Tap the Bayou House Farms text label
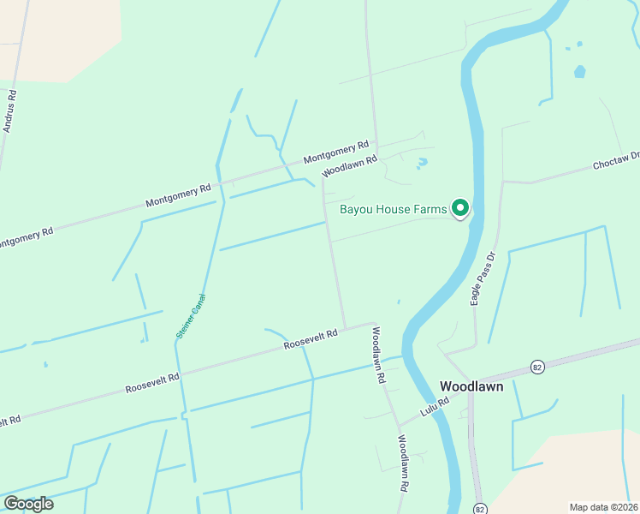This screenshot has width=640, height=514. coord(394,209)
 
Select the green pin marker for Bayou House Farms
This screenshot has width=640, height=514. coord(460,208)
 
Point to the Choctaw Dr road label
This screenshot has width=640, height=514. coord(616,161)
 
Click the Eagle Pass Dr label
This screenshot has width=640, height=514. coord(483,278)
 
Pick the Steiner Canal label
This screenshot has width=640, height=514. coord(191,316)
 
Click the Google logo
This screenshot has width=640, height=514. coord(28,503)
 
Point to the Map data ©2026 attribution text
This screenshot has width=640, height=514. coord(602,507)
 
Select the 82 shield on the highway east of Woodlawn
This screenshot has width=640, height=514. coord(537,367)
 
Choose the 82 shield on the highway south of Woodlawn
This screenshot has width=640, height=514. coord(480,507)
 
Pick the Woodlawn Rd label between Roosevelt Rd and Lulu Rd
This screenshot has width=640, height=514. coord(377,355)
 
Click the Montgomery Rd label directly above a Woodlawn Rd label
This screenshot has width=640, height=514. coord(335,152)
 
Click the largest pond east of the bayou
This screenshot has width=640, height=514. coord(580,72)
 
